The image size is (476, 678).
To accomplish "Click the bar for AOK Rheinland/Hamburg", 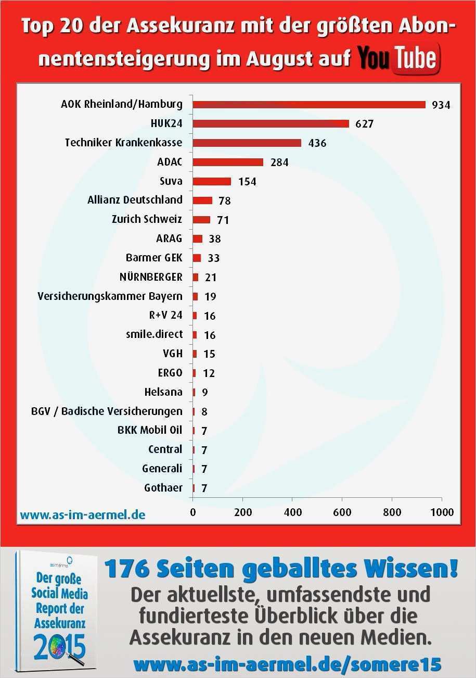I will (309, 104).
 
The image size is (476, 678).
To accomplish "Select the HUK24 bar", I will (271, 123).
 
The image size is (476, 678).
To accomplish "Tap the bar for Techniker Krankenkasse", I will (247, 143).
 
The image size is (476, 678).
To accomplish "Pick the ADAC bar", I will (228, 162).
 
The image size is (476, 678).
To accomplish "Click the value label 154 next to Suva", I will (247, 182).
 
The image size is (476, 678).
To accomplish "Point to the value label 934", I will (441, 105).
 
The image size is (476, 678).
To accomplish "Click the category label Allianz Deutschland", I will (135, 200).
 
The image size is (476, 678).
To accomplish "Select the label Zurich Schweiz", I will (147, 219).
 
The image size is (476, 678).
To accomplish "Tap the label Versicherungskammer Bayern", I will (110, 296).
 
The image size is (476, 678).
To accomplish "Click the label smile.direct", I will (154, 335).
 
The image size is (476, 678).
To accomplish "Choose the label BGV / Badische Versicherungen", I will (107, 411).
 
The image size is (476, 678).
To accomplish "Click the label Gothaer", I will (163, 488).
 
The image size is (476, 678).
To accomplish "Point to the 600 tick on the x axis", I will (342, 512).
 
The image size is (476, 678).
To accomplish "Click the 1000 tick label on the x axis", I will (442, 512).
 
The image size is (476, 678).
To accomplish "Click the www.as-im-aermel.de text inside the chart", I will (82, 515).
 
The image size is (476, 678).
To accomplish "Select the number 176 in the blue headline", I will (128, 569).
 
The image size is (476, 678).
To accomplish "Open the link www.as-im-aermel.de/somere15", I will (287, 664).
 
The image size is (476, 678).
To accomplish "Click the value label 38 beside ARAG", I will (214, 239).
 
